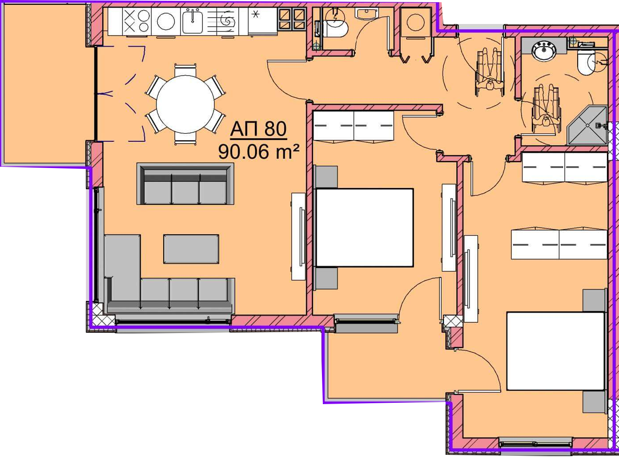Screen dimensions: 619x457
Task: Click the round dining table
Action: (185, 104)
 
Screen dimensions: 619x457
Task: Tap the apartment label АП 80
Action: (258, 129)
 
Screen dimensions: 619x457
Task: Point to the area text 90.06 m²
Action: (259, 152)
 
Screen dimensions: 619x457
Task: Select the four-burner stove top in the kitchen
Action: (137, 21)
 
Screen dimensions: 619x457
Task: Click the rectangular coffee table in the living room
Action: (191, 249)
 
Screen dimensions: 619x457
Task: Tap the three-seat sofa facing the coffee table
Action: (185, 184)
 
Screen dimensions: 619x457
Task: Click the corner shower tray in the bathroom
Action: (587, 125)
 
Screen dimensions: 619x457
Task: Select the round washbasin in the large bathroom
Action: (544, 50)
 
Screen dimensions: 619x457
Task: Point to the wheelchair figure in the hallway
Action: (490, 72)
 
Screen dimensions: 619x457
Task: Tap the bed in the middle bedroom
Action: (364, 228)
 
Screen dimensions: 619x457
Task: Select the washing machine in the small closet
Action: (415, 22)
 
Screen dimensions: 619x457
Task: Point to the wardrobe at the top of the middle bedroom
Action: (354, 125)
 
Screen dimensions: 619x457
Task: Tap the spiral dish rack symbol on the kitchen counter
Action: (227, 21)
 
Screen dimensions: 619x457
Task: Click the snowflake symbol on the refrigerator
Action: (256, 14)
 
